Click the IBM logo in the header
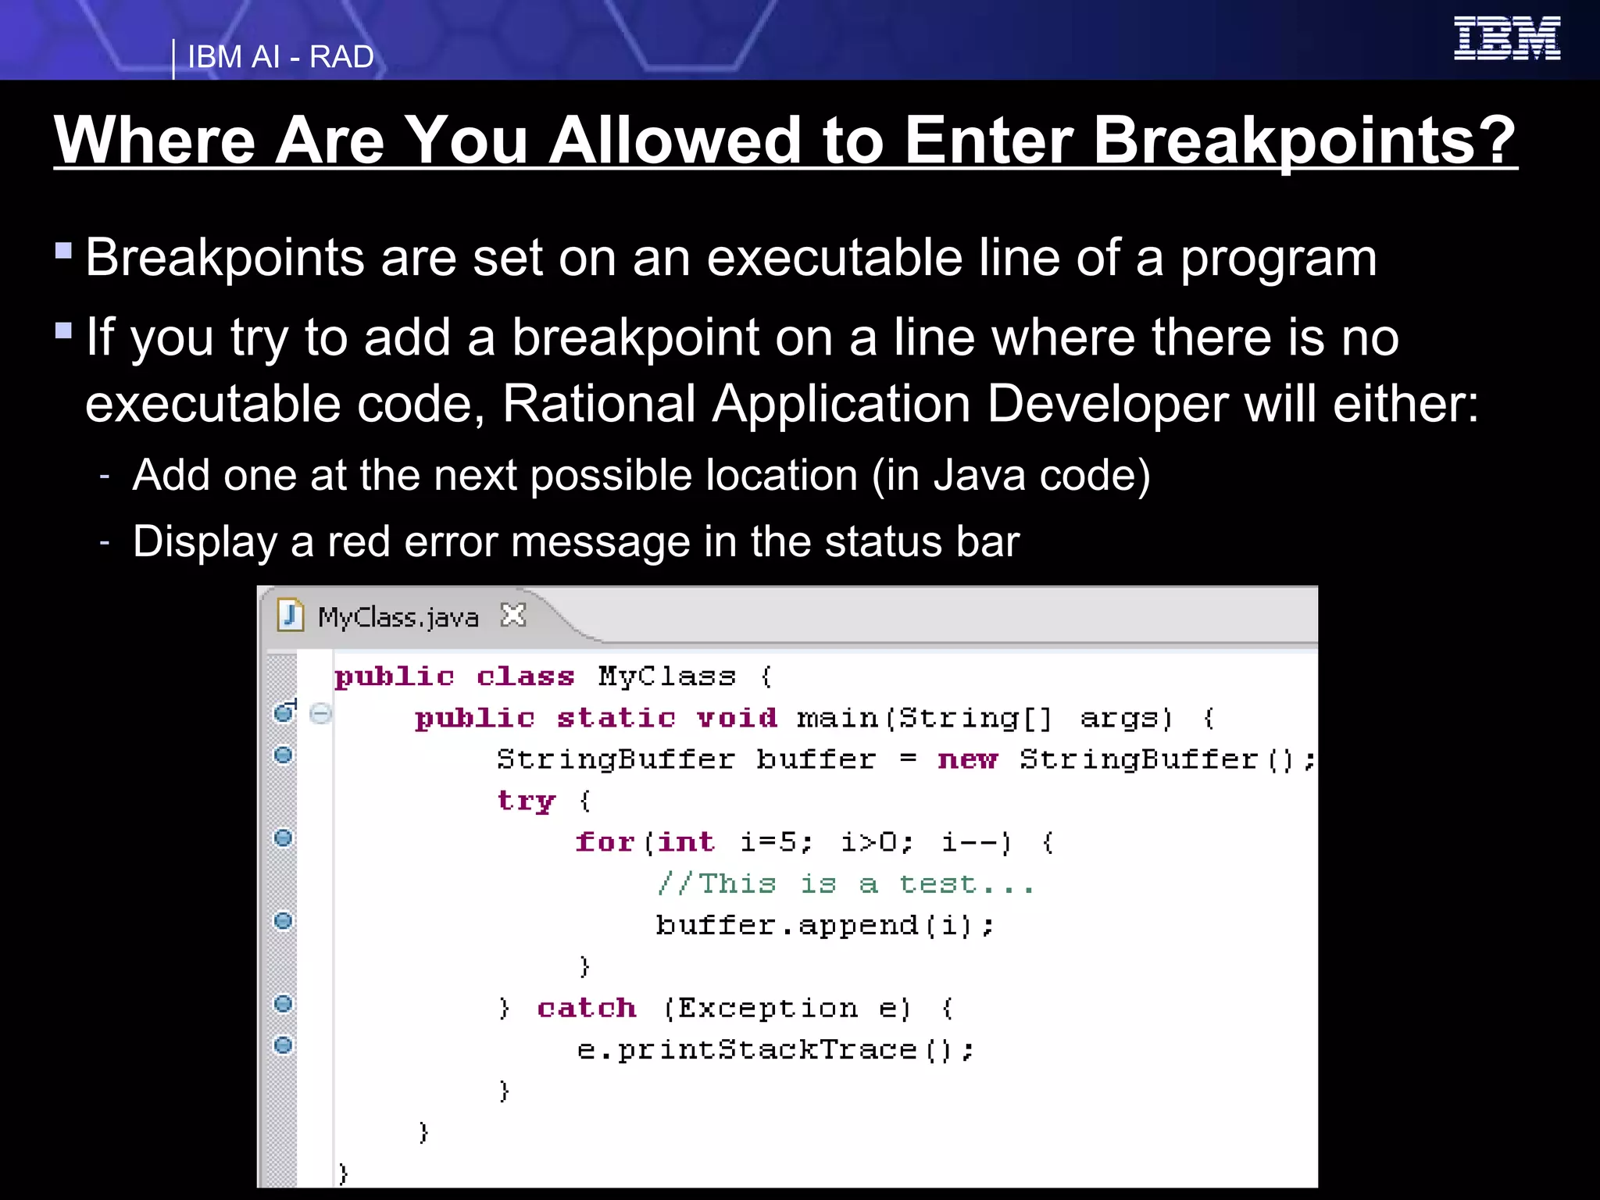(1506, 38)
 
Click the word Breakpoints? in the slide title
(1304, 141)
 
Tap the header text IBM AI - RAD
(280, 57)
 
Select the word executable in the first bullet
(834, 258)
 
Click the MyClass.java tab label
(398, 617)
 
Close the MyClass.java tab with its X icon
(513, 616)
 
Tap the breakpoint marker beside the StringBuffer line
(284, 755)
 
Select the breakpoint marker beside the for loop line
(284, 837)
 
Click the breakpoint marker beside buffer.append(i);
(284, 920)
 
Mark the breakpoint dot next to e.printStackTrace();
(284, 1045)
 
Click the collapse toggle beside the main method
(320, 713)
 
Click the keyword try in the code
(526, 800)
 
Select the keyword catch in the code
(586, 1008)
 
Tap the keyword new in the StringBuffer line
(967, 759)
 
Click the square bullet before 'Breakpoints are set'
(64, 251)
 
